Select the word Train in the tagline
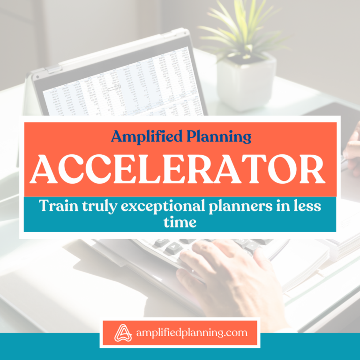56,206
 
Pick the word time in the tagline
180,222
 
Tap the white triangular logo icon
120,333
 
